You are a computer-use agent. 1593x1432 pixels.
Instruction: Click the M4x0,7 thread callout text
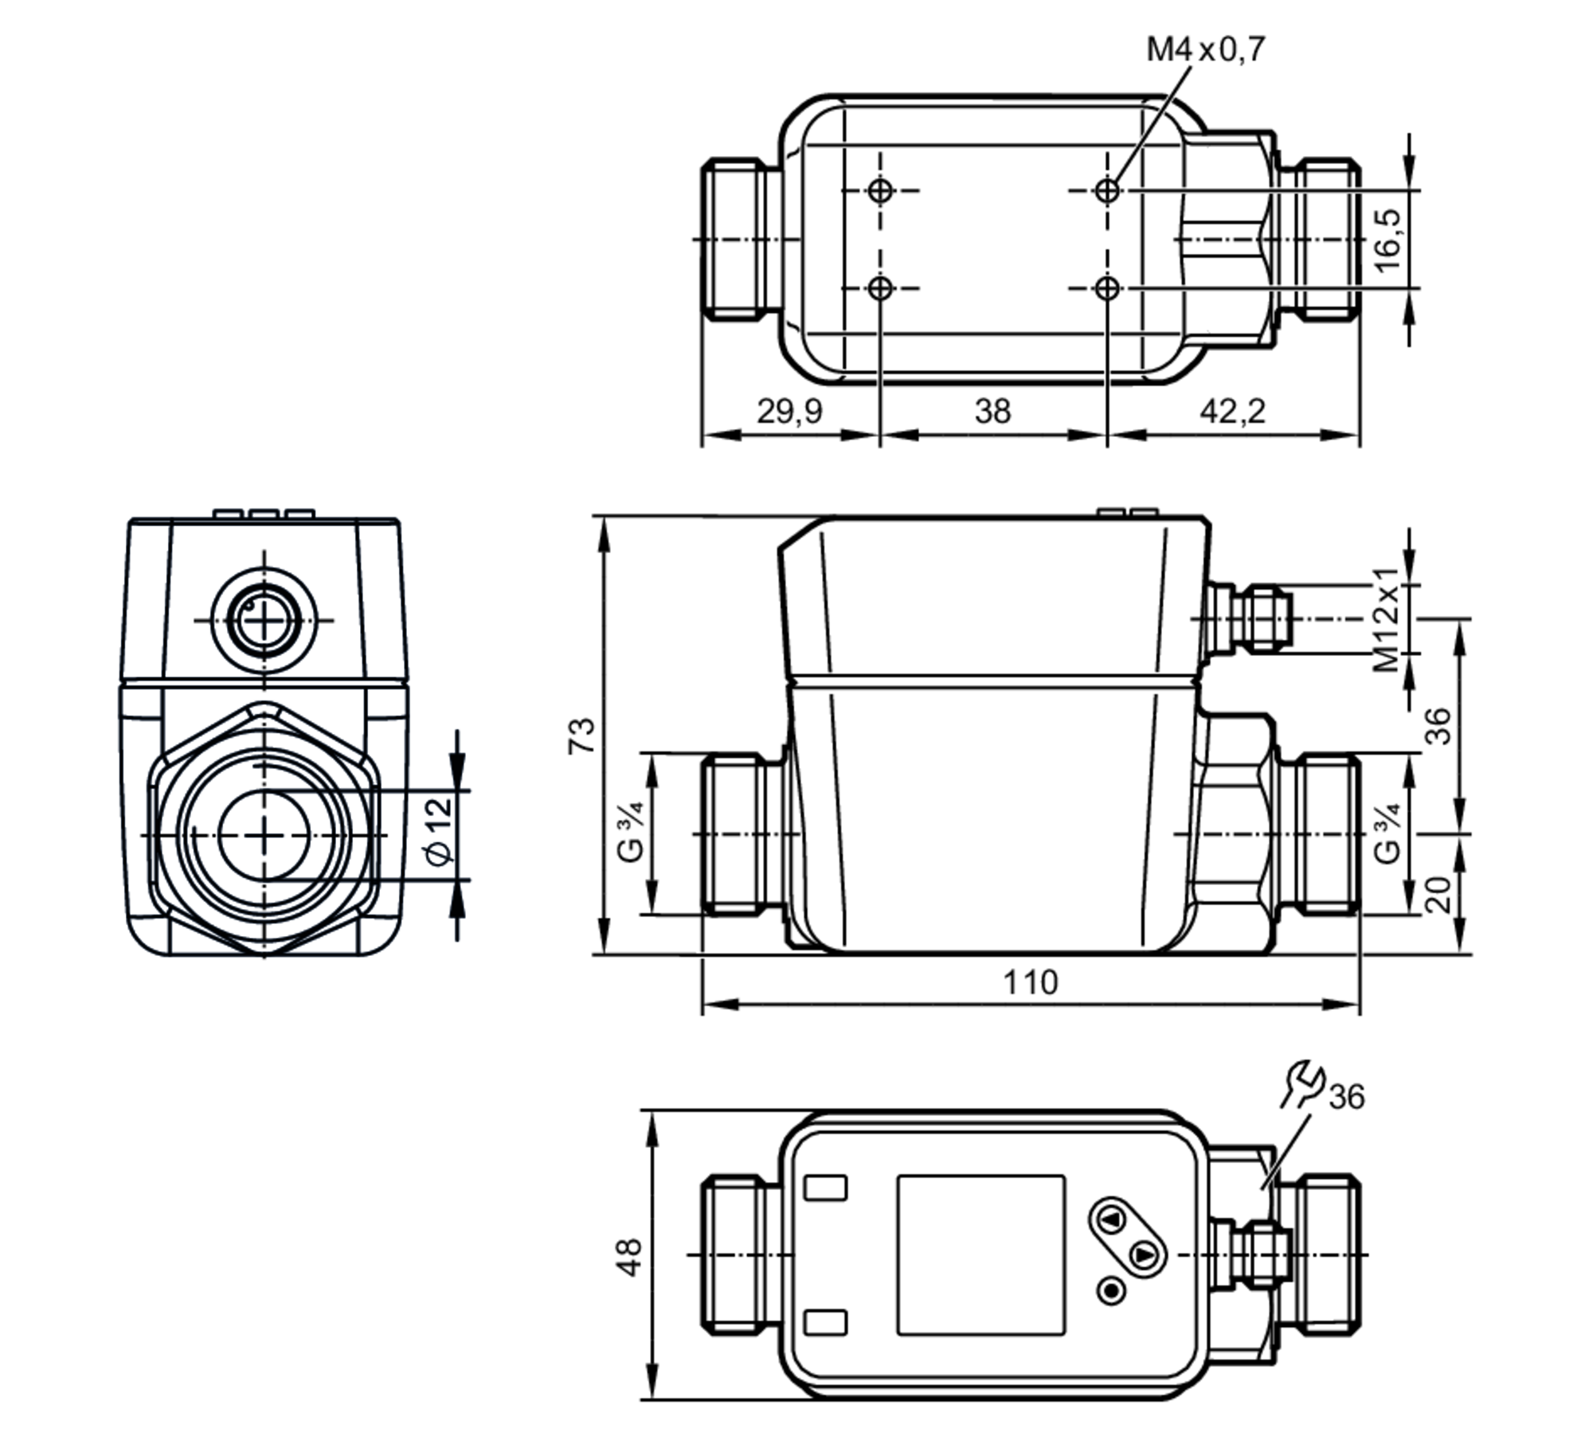(1204, 49)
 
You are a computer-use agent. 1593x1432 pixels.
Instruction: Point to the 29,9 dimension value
(789, 412)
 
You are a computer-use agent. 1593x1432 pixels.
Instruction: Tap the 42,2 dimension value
(1232, 412)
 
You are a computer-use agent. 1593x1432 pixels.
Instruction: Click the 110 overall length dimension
(1030, 982)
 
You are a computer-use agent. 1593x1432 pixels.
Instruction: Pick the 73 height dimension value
(581, 736)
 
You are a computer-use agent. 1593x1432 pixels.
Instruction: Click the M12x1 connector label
(1387, 618)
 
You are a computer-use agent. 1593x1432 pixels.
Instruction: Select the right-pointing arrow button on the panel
(1144, 1255)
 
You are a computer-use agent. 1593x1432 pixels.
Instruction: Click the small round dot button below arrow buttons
(1111, 1290)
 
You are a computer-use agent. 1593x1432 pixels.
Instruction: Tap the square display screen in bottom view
(980, 1254)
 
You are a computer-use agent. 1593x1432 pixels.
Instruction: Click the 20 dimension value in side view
(1438, 893)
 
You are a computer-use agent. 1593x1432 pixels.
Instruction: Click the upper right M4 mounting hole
(1107, 190)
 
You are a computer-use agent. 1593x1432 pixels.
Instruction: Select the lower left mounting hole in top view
(880, 288)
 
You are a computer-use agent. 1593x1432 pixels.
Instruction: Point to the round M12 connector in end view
(264, 619)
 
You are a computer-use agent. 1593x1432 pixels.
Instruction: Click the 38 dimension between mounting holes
(992, 412)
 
